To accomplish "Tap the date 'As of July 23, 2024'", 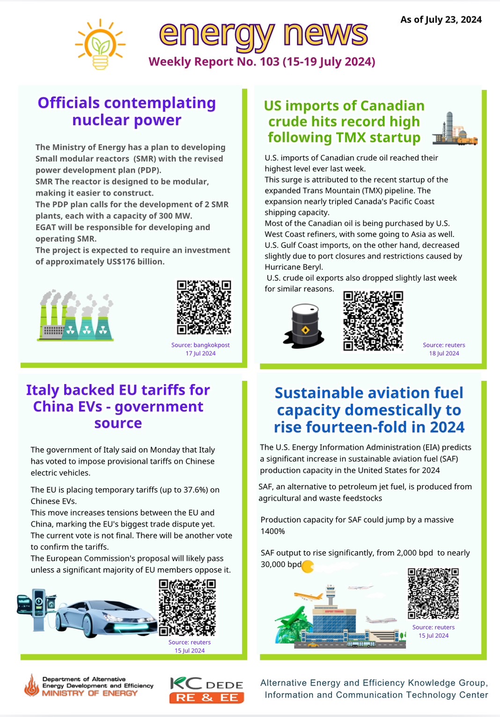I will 441,20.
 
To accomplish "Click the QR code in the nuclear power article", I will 204,307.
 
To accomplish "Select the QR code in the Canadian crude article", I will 373,321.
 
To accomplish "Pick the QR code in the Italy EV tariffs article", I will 187,607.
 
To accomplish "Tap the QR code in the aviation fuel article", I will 433,593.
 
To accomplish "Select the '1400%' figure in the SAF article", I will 272,532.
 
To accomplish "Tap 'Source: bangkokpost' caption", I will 200,345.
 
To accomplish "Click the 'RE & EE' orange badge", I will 206,698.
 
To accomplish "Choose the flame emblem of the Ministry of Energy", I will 32,686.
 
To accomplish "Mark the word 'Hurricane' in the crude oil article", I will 282,267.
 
